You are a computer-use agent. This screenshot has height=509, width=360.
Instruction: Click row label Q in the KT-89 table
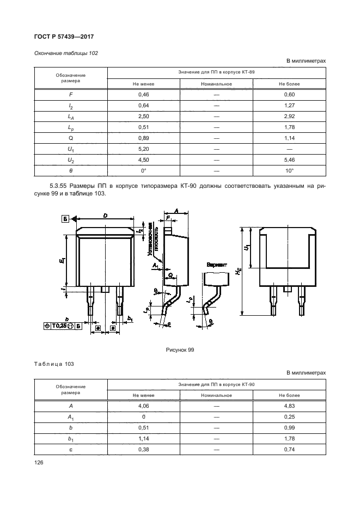[x=71, y=138]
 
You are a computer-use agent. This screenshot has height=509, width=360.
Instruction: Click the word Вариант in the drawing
[x=217, y=264]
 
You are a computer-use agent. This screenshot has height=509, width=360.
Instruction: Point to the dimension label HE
[x=239, y=271]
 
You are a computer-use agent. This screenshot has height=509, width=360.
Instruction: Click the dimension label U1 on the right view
[x=248, y=248]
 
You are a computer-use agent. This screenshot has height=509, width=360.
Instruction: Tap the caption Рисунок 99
[x=180, y=350]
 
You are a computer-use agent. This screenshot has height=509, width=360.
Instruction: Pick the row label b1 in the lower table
[x=71, y=439]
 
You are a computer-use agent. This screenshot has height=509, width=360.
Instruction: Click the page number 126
[x=39, y=462]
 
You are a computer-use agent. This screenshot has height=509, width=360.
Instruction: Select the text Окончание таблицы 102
[x=66, y=53]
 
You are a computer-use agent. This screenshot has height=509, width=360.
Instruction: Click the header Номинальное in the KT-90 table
[x=216, y=395]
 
